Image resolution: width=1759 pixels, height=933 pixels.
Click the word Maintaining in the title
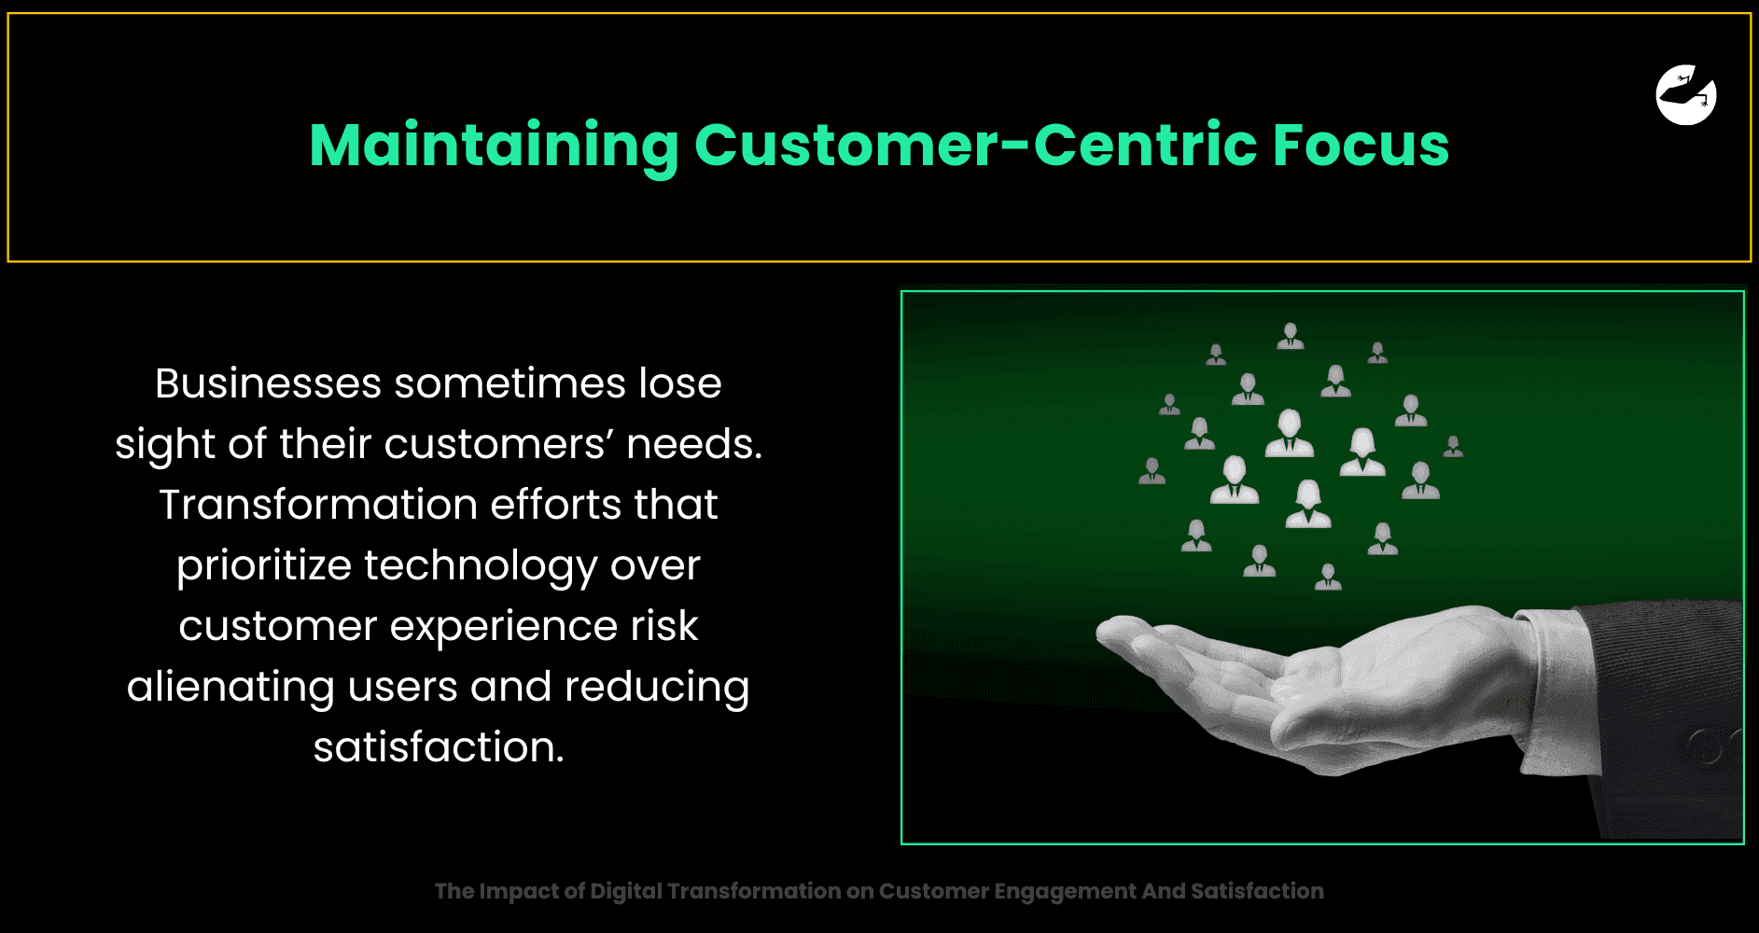494,146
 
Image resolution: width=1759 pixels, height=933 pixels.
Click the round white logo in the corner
1686,94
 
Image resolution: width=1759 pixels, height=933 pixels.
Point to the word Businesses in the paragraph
268,383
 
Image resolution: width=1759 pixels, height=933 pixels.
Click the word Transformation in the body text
318,505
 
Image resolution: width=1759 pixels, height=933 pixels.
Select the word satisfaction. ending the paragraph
439,747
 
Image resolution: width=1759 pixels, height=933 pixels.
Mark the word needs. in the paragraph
694,444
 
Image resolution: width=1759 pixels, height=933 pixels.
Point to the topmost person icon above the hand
1291,336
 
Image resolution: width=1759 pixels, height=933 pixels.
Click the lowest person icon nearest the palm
1328,577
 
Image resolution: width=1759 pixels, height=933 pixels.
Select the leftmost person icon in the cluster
1152,471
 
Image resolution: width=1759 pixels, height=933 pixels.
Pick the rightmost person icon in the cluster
1453,446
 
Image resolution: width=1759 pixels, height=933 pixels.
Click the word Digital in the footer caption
626,892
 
